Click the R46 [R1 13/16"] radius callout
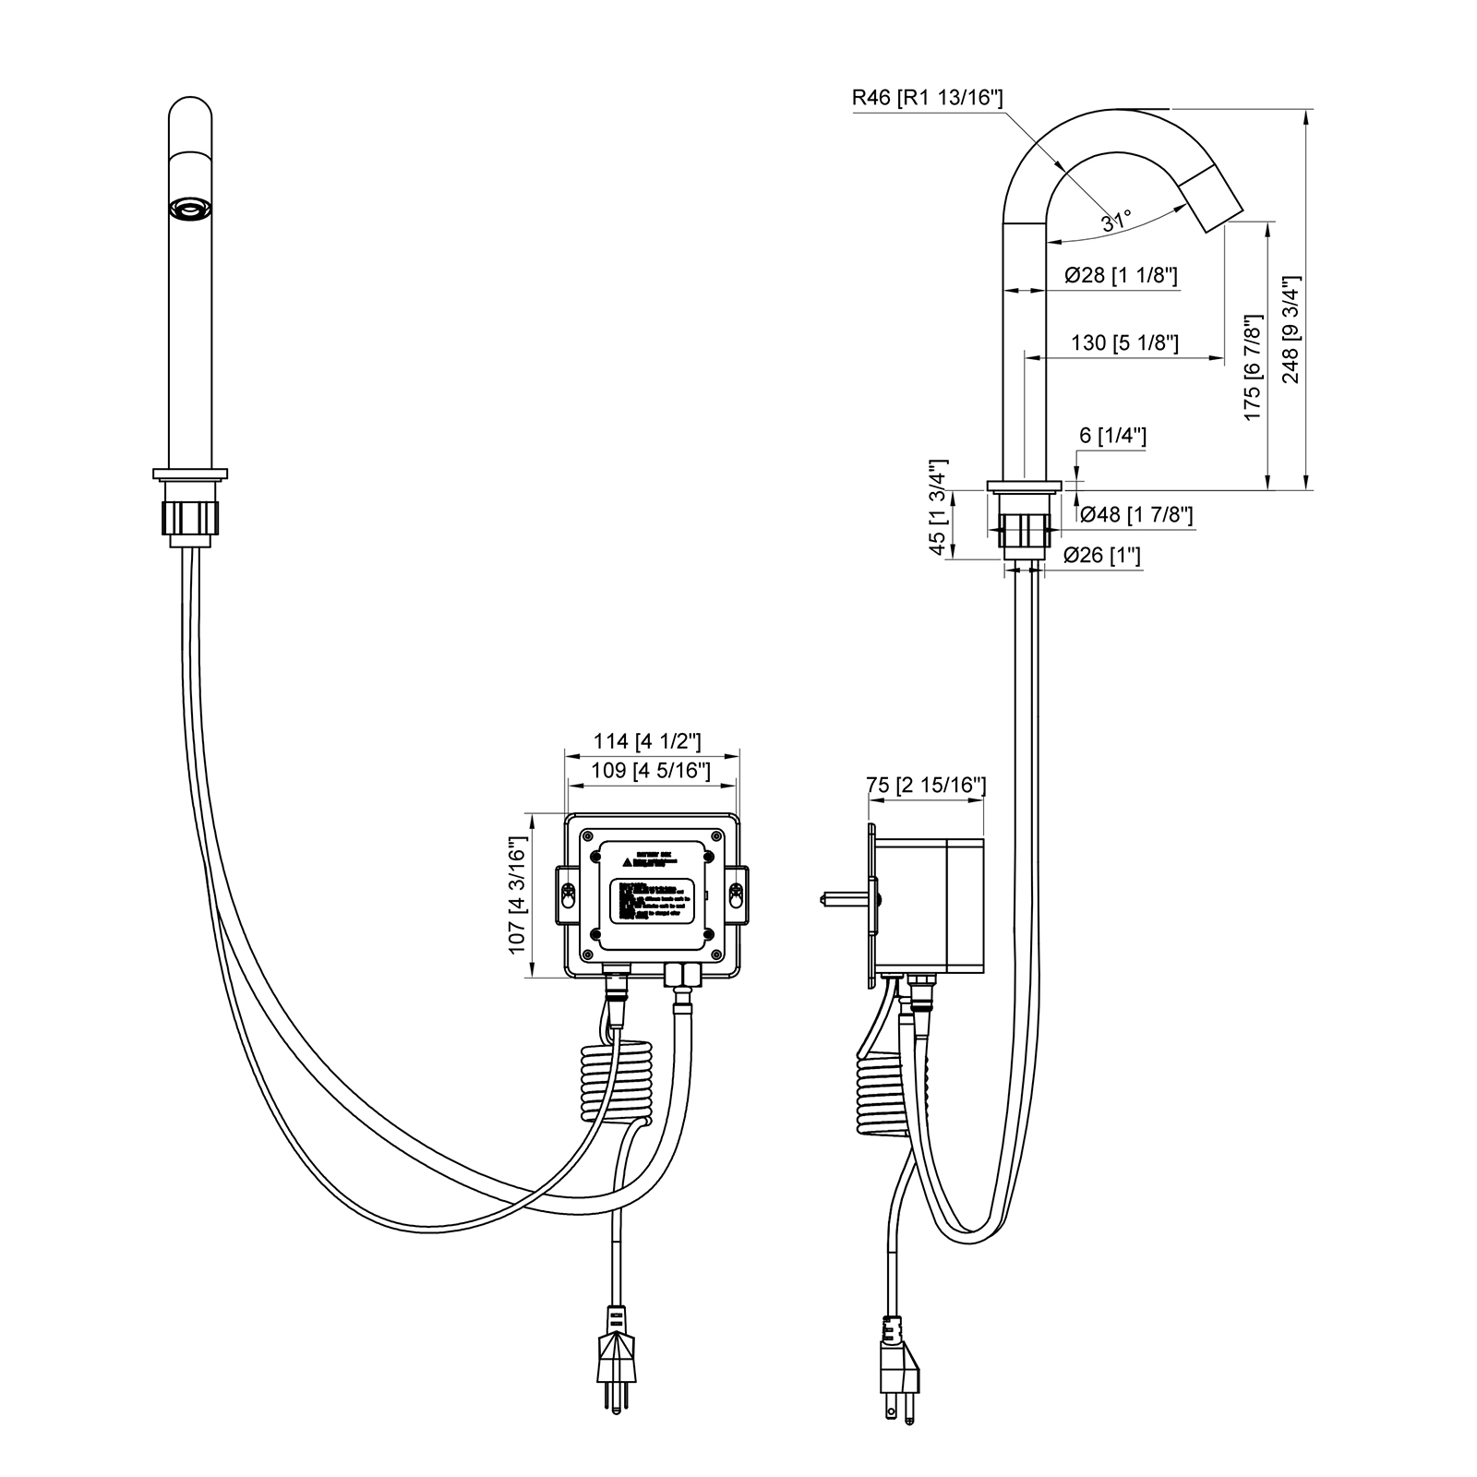pos(928,99)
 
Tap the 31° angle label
pos(1115,221)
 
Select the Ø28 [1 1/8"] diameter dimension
pos(1120,275)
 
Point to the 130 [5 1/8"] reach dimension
pos(1124,342)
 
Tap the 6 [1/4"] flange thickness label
pos(1111,436)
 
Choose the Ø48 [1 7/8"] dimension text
pos(1135,514)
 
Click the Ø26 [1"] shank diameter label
pos(1102,555)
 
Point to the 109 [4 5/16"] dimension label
pos(652,771)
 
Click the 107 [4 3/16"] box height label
pos(517,895)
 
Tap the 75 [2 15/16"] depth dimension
pos(926,785)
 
